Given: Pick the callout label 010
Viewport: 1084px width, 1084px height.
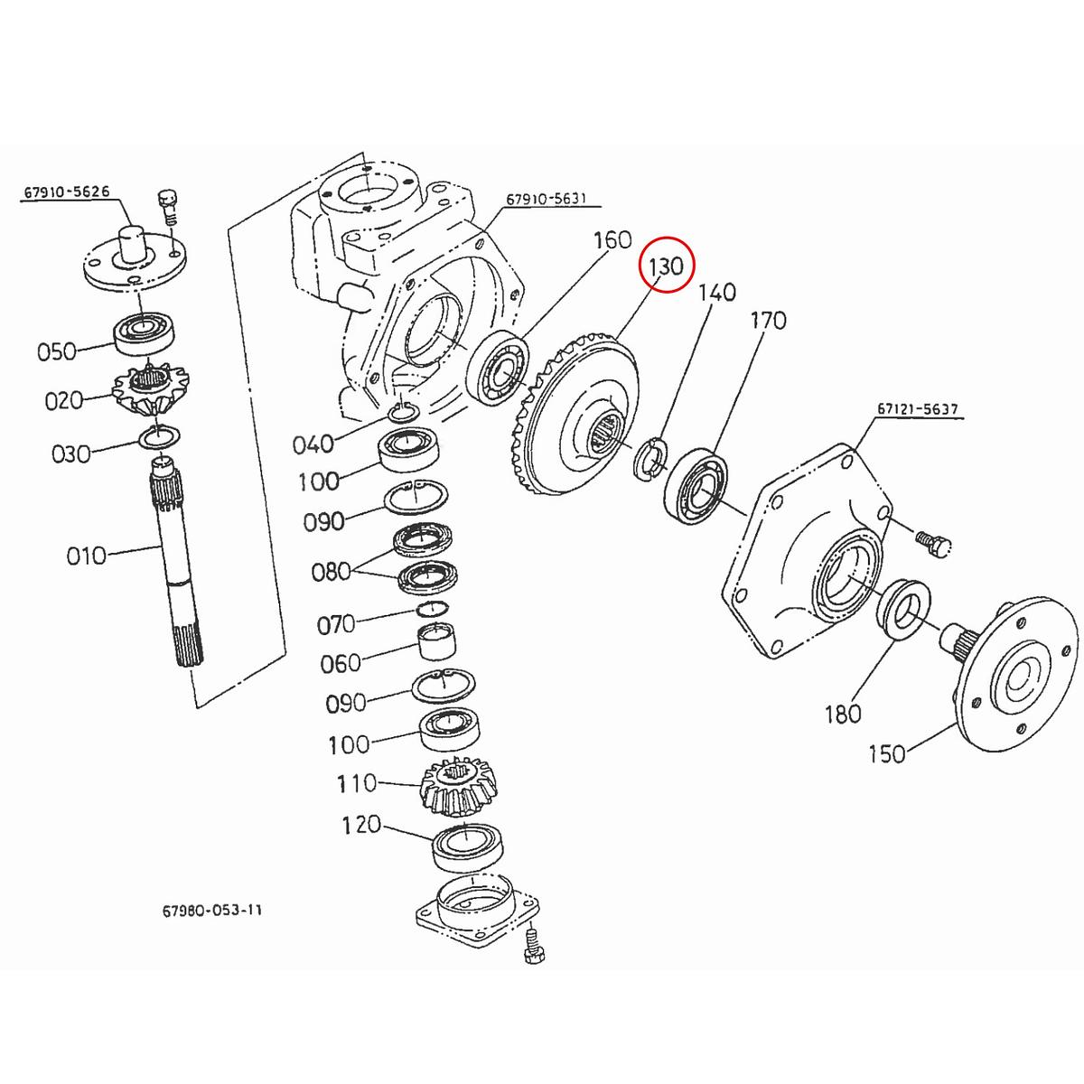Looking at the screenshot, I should coord(86,555).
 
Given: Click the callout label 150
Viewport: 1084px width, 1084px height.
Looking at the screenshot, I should coord(886,752).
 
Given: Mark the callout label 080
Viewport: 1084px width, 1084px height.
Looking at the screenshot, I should coord(331,572).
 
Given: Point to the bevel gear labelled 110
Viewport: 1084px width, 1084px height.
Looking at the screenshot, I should coord(462,785).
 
